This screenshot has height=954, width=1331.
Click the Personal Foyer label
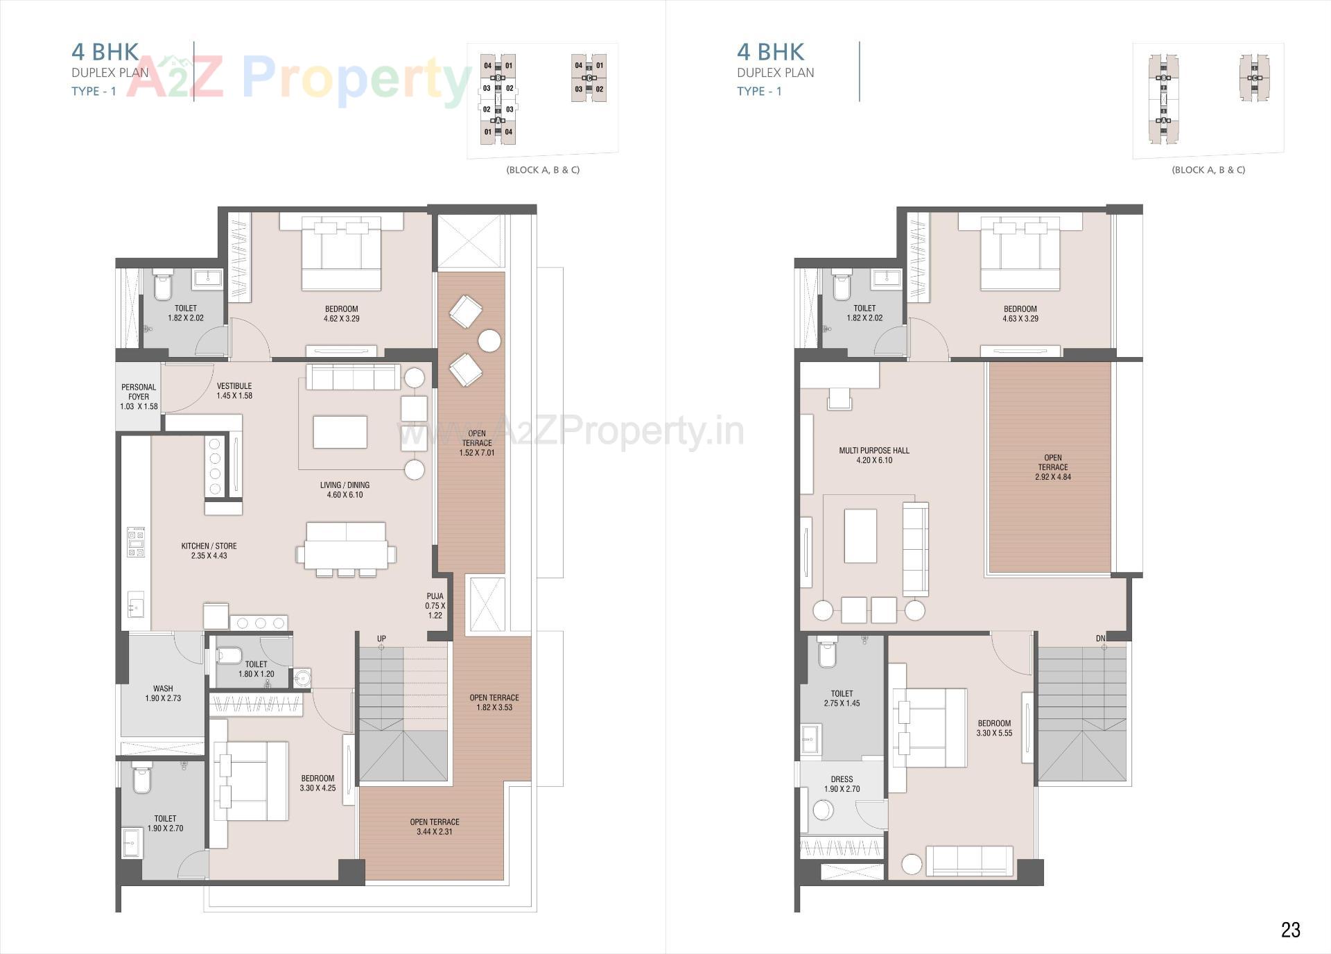tap(139, 397)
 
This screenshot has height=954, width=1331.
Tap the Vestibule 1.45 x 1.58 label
tap(234, 391)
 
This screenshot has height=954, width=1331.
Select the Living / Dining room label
tap(345, 490)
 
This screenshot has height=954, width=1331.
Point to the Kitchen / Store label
tap(209, 551)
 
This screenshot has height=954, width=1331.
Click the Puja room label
tap(435, 605)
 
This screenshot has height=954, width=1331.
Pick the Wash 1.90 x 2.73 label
tap(163, 693)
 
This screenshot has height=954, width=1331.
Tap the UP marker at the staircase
tap(381, 639)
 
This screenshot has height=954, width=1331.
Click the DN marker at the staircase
tap(1101, 639)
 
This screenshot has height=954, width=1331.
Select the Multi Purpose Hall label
tap(874, 456)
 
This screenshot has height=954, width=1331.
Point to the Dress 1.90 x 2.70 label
tap(842, 784)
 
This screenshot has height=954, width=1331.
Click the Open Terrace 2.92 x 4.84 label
tap(1052, 467)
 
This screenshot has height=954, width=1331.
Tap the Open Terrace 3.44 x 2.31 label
tap(435, 826)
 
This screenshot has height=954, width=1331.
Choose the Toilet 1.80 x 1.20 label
tap(256, 669)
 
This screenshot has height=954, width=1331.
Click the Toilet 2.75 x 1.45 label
tap(842, 698)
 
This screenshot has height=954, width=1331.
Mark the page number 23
tap(1290, 930)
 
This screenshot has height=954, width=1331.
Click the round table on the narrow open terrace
tap(489, 341)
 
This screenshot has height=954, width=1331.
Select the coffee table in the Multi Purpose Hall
tap(860, 536)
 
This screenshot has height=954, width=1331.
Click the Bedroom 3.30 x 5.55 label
tap(994, 728)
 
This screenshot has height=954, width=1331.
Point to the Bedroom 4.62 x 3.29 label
tap(341, 314)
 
